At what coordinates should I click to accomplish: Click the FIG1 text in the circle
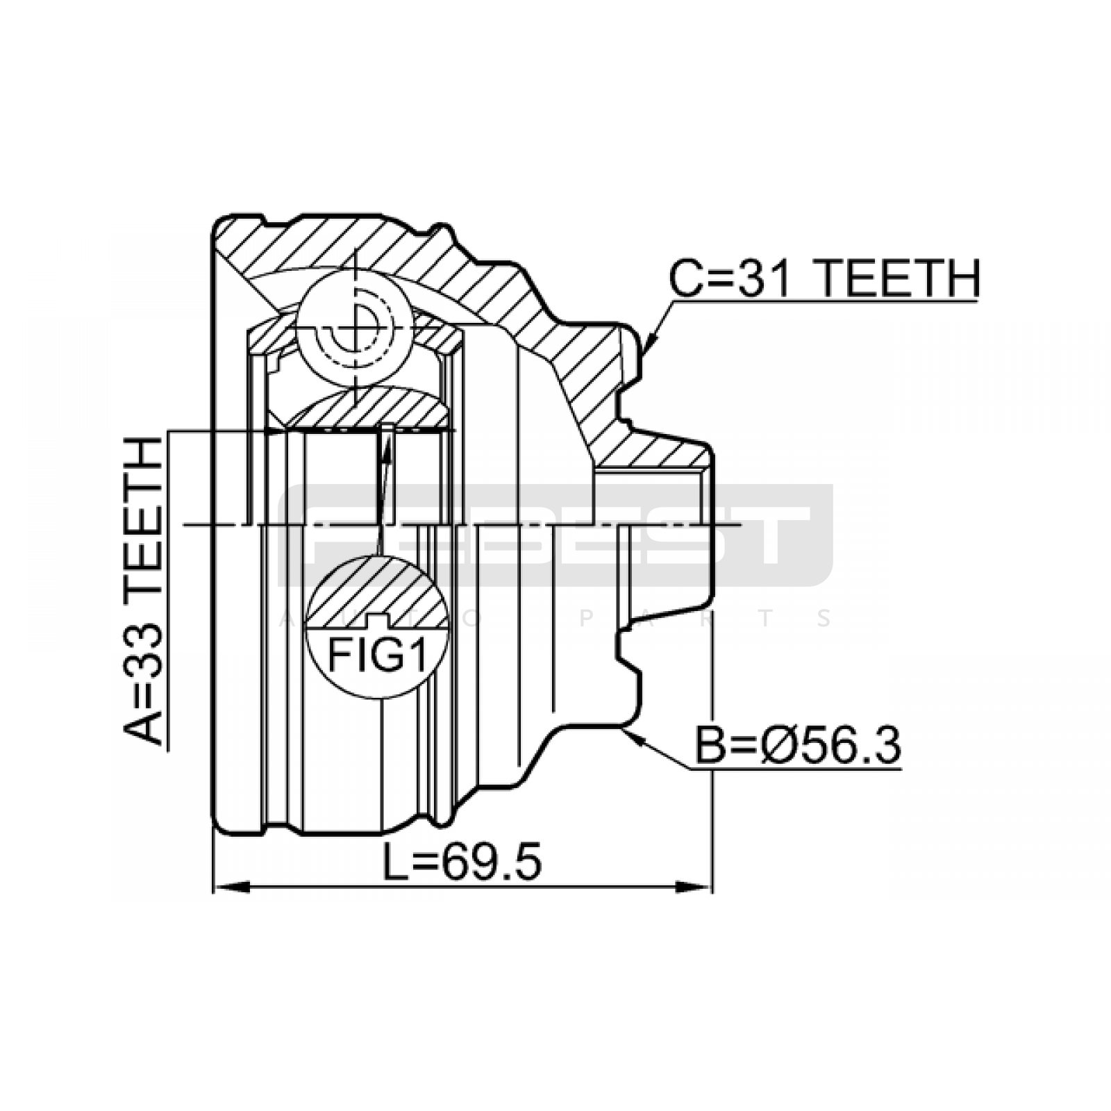(377, 656)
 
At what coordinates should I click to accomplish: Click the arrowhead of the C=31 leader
(651, 340)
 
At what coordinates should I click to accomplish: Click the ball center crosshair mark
(354, 326)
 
